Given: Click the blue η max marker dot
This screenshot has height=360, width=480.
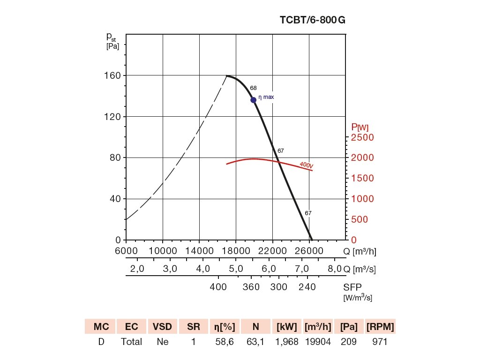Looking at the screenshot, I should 254,100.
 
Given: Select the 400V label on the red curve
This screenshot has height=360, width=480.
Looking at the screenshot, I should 307,165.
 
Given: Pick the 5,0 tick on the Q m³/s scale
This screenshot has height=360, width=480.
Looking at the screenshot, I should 236,269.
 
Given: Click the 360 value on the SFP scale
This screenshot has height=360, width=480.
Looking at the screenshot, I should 251,287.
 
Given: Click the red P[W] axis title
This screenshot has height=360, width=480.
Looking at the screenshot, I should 360,127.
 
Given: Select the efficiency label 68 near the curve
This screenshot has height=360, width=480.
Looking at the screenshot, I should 253,88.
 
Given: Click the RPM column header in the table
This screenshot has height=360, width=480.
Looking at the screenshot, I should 380,327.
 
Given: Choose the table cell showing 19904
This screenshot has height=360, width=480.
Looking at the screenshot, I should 318,342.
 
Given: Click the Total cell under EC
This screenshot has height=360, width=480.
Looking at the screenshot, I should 132,342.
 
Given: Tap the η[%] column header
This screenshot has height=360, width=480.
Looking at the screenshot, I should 225,327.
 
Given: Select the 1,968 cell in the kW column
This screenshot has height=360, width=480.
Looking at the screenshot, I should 287,342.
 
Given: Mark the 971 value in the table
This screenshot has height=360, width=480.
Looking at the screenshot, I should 380,342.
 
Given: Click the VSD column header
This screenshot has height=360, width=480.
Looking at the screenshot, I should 163,327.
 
